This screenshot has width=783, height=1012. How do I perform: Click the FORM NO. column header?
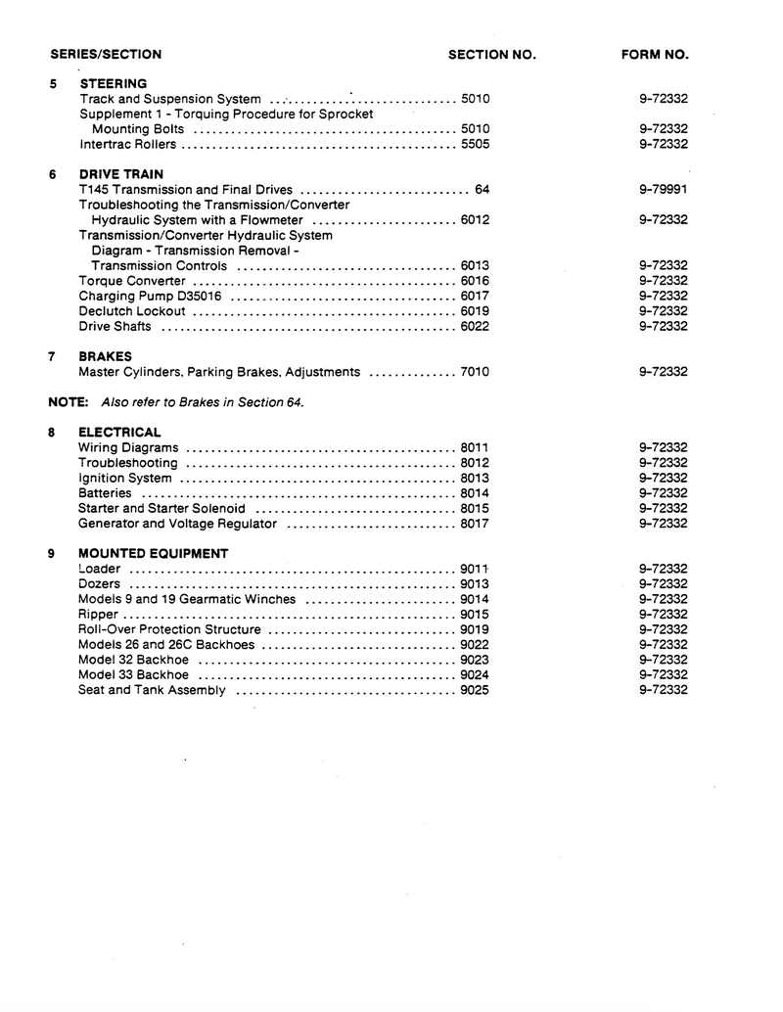(655, 55)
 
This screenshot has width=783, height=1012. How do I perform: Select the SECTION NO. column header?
(491, 55)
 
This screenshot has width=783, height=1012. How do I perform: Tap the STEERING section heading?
(113, 84)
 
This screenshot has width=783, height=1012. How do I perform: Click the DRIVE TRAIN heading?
(120, 175)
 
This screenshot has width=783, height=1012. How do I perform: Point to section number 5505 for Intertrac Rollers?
(475, 145)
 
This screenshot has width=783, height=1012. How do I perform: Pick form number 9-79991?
(663, 190)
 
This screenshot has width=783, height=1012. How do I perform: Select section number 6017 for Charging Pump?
(475, 297)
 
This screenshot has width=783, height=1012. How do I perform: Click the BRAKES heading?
(105, 357)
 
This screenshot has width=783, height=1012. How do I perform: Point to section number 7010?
(475, 373)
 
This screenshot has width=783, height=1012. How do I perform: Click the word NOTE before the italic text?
(69, 402)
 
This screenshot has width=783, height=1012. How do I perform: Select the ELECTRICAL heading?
(119, 433)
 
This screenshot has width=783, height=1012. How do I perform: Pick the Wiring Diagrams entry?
(128, 448)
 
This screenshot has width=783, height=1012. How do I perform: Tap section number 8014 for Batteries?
(475, 493)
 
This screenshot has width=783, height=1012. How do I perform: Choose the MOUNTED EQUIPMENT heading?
(153, 554)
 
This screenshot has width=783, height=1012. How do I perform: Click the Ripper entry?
(98, 615)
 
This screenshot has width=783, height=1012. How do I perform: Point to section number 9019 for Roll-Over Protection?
(475, 629)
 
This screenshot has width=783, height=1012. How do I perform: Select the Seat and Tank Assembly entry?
(152, 690)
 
